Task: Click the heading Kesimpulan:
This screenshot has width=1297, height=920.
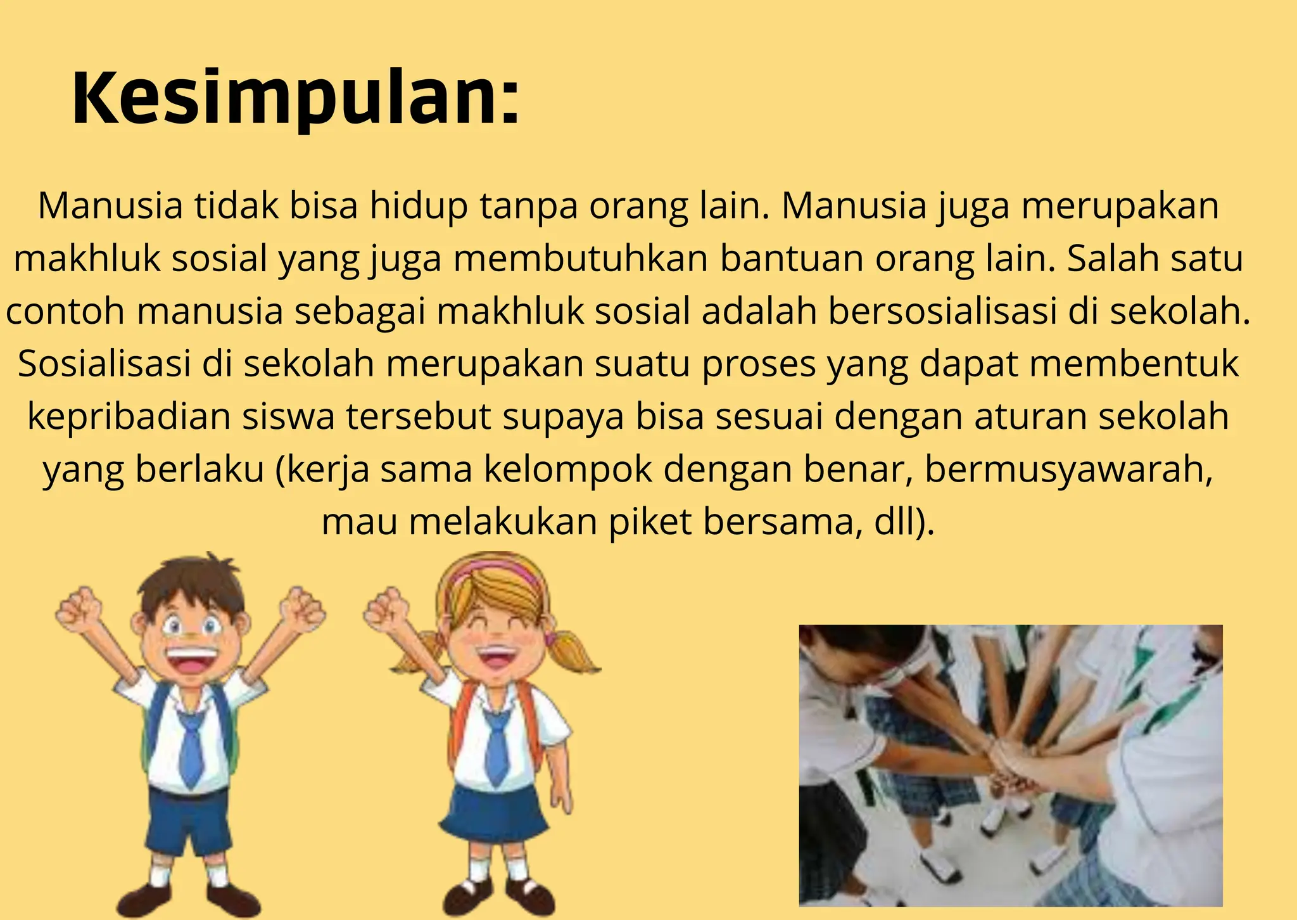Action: [x=295, y=99]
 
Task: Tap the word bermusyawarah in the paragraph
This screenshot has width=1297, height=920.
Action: [x=1068, y=470]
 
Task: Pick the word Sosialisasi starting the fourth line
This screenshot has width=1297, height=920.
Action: [x=104, y=364]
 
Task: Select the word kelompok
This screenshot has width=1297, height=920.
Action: [x=568, y=470]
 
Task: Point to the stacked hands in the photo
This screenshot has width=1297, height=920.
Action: [x=1013, y=767]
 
